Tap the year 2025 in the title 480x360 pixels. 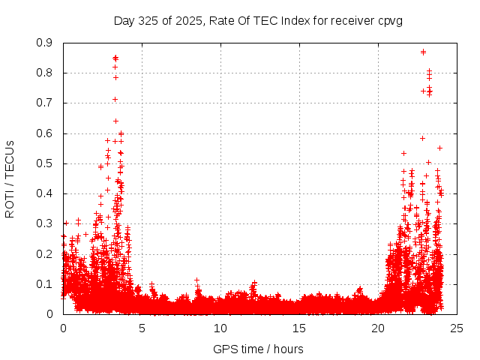(186, 21)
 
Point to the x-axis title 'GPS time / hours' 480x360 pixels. (259, 349)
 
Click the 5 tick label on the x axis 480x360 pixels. (142, 328)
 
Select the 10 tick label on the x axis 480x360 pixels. (220, 328)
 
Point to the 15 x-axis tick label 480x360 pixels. (299, 328)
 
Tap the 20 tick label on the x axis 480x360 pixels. (378, 328)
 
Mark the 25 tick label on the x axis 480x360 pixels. (457, 328)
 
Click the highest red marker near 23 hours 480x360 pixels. (424, 52)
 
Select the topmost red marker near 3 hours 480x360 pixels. (115, 57)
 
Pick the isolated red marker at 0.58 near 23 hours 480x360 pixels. (422, 138)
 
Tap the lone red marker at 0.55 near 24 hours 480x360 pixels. (439, 148)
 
